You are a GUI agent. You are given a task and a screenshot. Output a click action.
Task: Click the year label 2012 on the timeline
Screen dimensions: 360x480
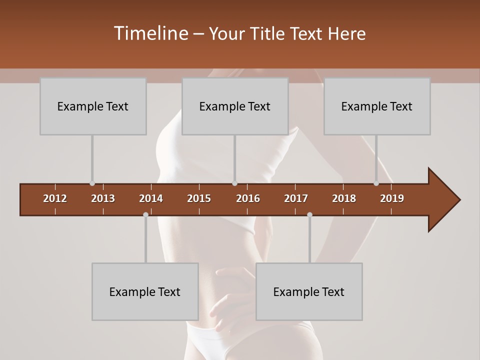(55, 198)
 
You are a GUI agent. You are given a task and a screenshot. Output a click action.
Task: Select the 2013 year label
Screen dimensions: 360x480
(103, 198)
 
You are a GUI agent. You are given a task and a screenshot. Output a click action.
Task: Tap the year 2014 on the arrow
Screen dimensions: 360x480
(151, 198)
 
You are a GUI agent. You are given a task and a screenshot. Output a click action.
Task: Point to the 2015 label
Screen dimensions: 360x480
(199, 198)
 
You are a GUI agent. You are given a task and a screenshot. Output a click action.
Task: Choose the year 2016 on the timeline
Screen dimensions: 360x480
(248, 198)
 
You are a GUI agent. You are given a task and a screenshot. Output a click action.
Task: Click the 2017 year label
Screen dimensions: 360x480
(296, 198)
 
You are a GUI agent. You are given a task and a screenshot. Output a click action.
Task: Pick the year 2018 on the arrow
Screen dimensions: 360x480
(344, 198)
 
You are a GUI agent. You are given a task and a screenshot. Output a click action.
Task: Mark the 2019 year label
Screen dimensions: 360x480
(392, 198)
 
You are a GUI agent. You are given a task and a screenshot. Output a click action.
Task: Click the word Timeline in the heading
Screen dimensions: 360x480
(150, 33)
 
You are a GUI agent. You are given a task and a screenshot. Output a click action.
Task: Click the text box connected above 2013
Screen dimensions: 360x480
(93, 106)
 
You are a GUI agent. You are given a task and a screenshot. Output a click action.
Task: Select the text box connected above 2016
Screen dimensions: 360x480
(235, 106)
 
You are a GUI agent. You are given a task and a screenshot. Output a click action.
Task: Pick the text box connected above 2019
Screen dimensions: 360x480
(377, 106)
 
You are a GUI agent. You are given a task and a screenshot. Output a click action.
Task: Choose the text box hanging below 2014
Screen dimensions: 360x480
(145, 291)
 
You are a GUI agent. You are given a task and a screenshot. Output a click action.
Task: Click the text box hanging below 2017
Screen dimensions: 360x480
(309, 291)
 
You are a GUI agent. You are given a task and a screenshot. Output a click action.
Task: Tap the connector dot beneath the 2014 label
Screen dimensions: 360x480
(145, 214)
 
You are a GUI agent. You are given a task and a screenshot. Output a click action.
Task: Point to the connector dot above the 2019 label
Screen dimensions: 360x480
(376, 183)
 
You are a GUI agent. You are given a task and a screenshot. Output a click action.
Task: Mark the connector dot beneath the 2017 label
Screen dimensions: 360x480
(309, 214)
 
